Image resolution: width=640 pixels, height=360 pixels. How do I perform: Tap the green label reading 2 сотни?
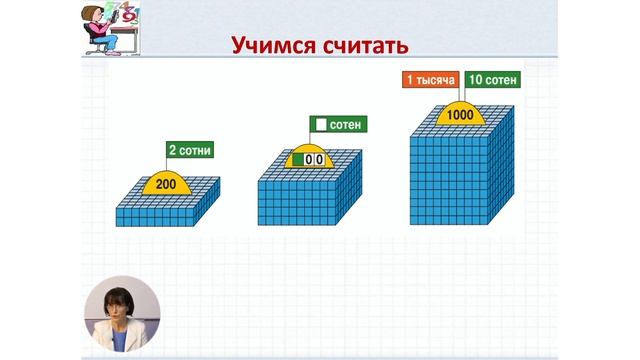pyautogui.click(x=191, y=151)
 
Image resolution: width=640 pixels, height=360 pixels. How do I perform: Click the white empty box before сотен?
pyautogui.click(x=321, y=125)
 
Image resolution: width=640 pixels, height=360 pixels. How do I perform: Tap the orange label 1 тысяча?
pyautogui.click(x=431, y=79)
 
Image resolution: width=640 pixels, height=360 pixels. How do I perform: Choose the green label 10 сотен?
pyautogui.click(x=491, y=79)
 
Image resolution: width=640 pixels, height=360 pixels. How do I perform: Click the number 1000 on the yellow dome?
pyautogui.click(x=461, y=115)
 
